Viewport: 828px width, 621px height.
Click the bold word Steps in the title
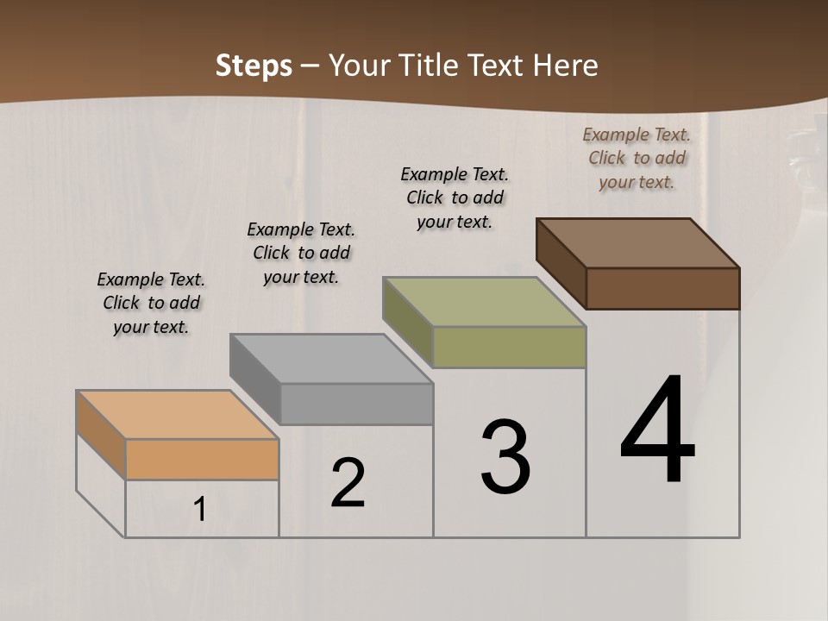(254, 66)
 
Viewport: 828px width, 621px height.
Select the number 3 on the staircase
(505, 457)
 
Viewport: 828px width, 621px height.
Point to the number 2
(348, 483)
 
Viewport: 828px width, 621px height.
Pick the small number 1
(199, 510)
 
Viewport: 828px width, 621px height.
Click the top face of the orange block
(177, 415)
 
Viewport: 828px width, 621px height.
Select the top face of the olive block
(485, 301)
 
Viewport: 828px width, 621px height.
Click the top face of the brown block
(638, 242)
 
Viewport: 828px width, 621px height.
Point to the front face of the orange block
(202, 459)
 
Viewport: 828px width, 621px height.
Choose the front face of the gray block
(356, 404)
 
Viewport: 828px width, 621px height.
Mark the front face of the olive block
(509, 347)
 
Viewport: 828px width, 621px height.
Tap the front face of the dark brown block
(662, 288)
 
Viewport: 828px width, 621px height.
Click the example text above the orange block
(151, 303)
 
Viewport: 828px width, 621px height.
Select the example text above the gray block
(301, 253)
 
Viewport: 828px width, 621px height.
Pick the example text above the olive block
(455, 198)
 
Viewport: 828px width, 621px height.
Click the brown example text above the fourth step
(637, 158)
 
